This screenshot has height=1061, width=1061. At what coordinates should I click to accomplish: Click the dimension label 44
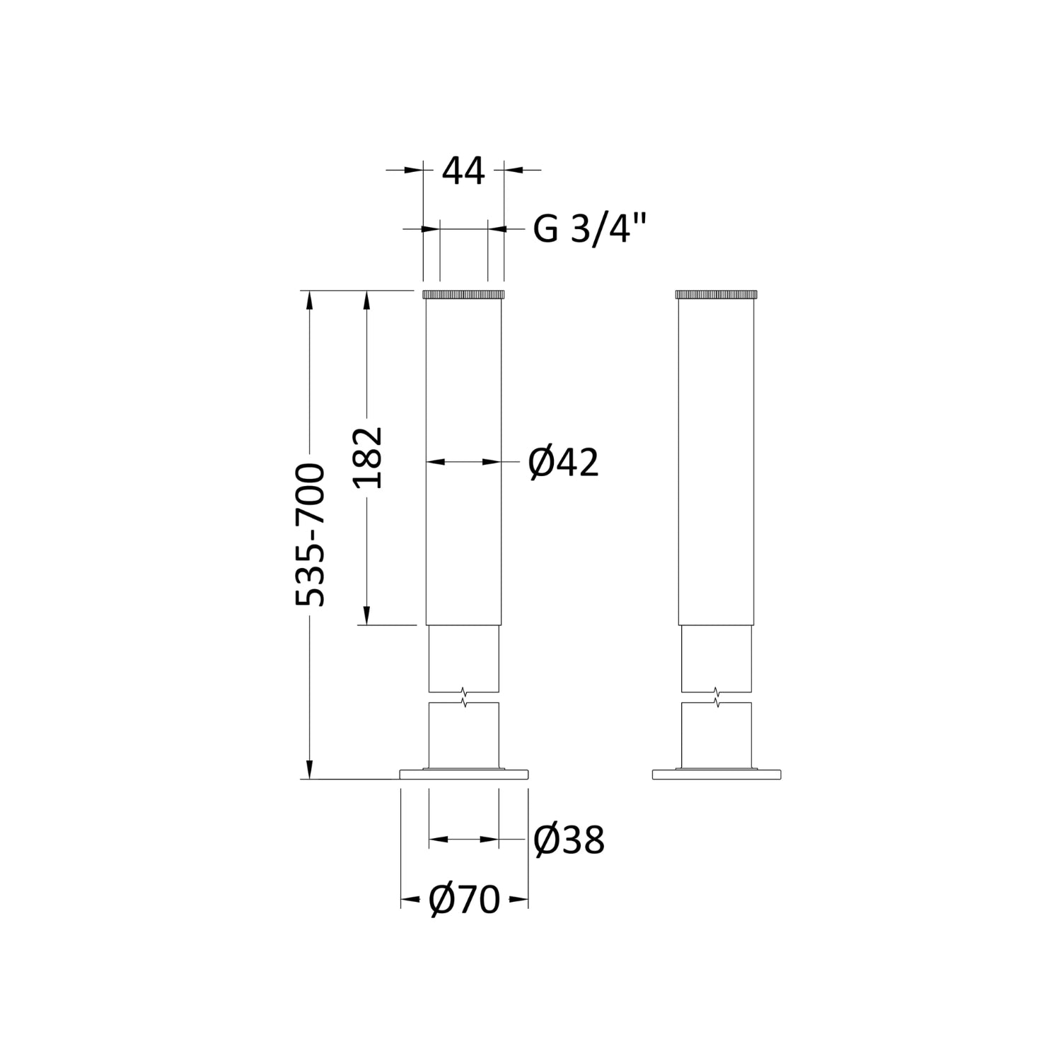[463, 171]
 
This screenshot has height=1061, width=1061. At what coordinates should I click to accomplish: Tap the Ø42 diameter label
[564, 463]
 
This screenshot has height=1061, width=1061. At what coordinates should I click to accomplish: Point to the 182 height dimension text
[369, 458]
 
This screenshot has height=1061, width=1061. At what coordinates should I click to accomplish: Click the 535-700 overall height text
[311, 535]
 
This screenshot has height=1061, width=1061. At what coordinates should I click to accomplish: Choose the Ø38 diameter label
[569, 840]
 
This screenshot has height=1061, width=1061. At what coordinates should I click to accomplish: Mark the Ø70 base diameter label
[464, 900]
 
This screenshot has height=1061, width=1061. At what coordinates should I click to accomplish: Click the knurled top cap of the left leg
[463, 294]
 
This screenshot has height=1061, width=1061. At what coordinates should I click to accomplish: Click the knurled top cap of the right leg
[716, 294]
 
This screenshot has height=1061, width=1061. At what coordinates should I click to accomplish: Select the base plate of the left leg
[464, 775]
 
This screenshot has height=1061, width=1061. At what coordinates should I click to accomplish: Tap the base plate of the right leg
[717, 775]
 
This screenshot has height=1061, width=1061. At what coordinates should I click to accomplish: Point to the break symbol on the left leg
[463, 697]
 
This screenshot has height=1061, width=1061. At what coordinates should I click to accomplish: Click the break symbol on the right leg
[717, 697]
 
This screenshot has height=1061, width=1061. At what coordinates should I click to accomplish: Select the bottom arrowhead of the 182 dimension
[366, 616]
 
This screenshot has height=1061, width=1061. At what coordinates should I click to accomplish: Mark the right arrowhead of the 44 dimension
[512, 170]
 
